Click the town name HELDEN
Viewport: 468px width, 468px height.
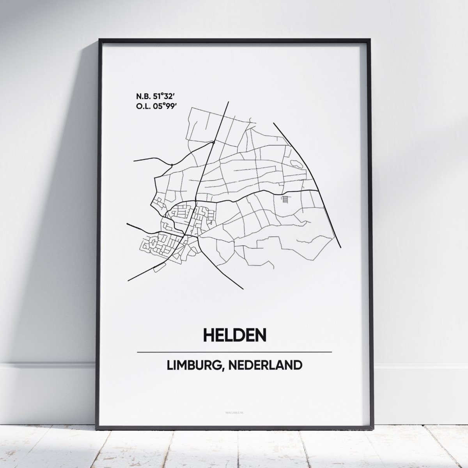[x=234, y=334]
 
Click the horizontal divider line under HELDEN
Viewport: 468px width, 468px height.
[x=234, y=352]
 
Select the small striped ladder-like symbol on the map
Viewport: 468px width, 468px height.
[x=286, y=200]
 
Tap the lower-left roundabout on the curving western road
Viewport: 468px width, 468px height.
[x=171, y=165]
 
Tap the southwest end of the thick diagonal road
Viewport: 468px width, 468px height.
[x=128, y=280]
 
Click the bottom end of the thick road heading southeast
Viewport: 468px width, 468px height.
[x=243, y=289]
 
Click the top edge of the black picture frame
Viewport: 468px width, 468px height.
[x=234, y=40]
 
